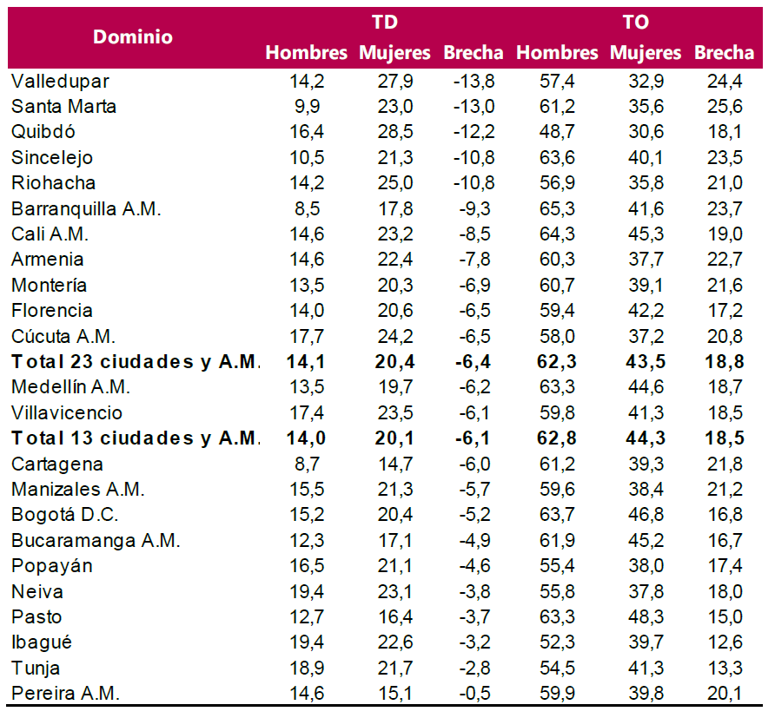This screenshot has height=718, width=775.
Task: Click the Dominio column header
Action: [133, 37]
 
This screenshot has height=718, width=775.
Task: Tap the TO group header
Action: [635, 23]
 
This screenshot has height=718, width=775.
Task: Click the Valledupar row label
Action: [60, 82]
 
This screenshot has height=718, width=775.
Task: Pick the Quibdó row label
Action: [43, 132]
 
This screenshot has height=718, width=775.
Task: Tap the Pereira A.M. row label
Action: [66, 694]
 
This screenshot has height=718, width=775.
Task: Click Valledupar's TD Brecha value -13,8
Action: [474, 82]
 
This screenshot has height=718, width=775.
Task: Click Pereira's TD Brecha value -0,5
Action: [477, 694]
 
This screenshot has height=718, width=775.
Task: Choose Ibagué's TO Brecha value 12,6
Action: [725, 642]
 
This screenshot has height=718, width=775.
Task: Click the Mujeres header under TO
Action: [646, 53]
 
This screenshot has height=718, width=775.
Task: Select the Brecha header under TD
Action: [474, 53]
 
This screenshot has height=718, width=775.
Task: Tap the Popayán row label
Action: [51, 566]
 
